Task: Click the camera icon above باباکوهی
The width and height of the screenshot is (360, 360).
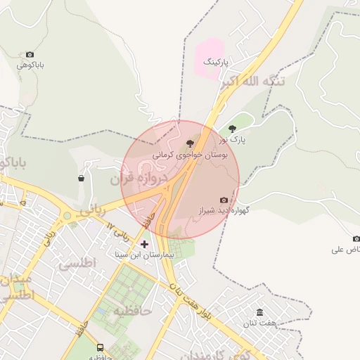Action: click(x=30, y=55)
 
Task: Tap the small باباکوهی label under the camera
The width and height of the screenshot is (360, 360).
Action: click(x=31, y=65)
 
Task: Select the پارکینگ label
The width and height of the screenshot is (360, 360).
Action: click(x=217, y=63)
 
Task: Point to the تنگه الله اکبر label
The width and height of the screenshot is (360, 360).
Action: click(x=254, y=82)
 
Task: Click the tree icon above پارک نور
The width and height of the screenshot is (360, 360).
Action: click(x=233, y=129)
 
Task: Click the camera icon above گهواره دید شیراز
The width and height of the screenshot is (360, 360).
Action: click(x=224, y=200)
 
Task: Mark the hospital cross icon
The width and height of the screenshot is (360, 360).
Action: click(x=145, y=244)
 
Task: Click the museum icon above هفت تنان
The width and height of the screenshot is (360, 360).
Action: click(x=260, y=312)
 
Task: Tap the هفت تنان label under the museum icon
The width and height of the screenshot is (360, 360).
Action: click(x=257, y=323)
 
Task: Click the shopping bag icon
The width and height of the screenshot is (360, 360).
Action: click(x=82, y=178)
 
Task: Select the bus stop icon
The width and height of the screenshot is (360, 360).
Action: click(x=100, y=347)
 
